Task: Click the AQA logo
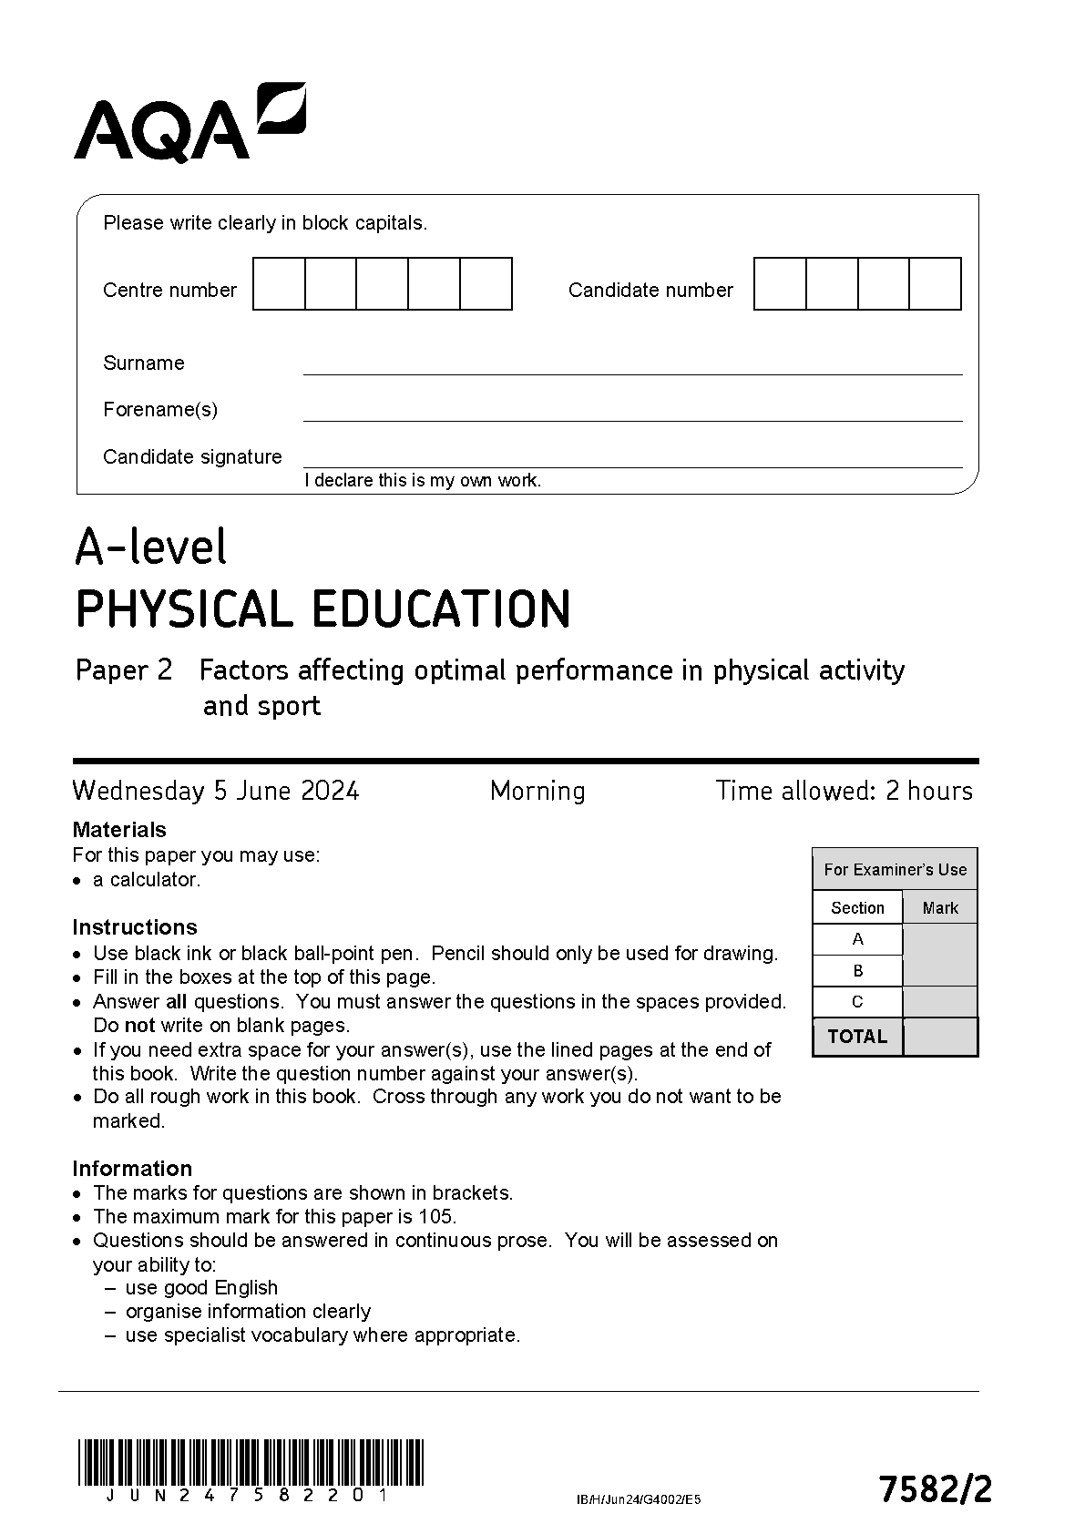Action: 189,124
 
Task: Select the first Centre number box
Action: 279,284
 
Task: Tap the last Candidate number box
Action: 936,284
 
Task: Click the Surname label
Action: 144,363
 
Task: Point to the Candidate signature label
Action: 192,457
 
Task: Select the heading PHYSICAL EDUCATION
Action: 323,609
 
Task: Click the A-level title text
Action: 151,547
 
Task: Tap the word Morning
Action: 537,791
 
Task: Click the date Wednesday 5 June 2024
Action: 216,791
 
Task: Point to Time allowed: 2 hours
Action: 844,791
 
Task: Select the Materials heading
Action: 119,830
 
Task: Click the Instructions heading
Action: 135,927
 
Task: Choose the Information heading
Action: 132,1169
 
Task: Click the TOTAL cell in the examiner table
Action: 857,1037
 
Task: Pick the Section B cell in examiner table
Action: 857,971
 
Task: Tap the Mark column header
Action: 940,908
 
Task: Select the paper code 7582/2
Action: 935,1490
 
